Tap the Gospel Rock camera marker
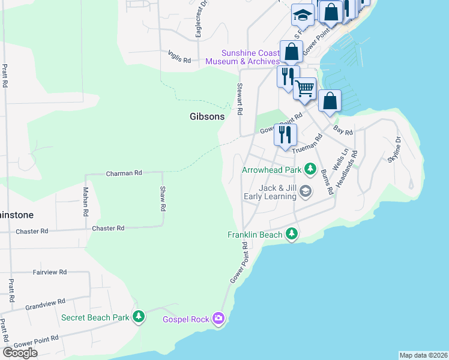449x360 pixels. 219,318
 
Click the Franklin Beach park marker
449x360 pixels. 292,234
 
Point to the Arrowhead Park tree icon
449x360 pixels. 310,170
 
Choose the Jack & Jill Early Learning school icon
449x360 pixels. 306,191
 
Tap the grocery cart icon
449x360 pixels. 304,89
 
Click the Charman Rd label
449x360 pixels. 124,173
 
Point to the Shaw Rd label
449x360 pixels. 163,199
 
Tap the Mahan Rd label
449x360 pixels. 85,202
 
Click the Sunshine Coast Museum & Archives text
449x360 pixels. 243,57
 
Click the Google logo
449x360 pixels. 20,353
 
